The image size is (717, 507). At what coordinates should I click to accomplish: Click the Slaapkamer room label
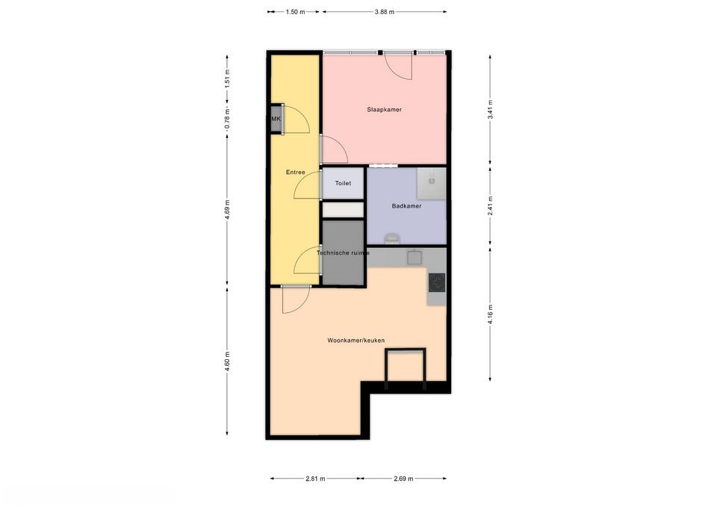(384, 110)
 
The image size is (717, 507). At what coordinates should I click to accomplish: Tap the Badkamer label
(406, 206)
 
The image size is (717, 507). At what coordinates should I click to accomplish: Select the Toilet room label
(343, 183)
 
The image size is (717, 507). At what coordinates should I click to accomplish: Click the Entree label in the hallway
(295, 172)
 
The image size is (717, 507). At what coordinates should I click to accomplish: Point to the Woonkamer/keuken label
(356, 340)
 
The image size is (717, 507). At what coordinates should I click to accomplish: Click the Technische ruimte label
(343, 253)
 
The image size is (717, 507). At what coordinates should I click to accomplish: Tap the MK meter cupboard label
(276, 119)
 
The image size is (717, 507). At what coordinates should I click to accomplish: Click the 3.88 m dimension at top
(384, 12)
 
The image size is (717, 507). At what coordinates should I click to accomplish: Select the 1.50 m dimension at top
(296, 12)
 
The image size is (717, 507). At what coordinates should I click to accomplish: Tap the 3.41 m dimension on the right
(490, 114)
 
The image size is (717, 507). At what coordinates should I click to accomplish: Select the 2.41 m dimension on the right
(490, 206)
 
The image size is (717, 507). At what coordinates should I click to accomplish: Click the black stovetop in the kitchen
(436, 282)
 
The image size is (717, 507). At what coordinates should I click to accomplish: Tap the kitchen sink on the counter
(415, 258)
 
